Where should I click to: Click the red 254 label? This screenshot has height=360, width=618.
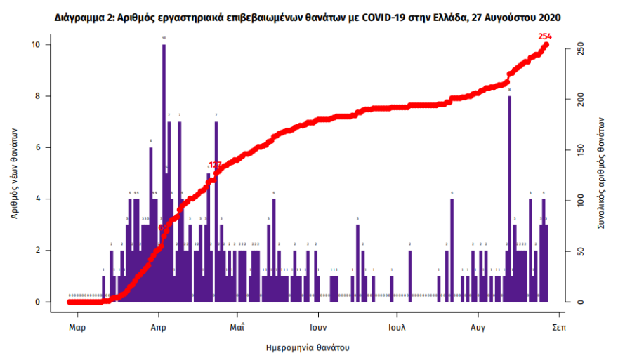coord(545,36)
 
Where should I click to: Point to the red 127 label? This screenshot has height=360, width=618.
coord(215,165)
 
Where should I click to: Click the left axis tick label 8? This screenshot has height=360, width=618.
coord(46,96)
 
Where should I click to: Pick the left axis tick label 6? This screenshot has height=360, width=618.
coord(46,147)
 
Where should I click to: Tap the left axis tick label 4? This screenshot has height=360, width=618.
coord(46,199)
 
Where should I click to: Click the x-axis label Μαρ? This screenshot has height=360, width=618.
coord(77,328)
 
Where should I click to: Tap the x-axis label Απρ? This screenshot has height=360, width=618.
coord(158,328)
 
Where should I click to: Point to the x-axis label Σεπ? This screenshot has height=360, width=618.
coord(559,328)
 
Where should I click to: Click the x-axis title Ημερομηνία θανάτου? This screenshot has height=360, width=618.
coord(308,347)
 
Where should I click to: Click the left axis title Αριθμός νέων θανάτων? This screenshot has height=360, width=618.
coord(14,173)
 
